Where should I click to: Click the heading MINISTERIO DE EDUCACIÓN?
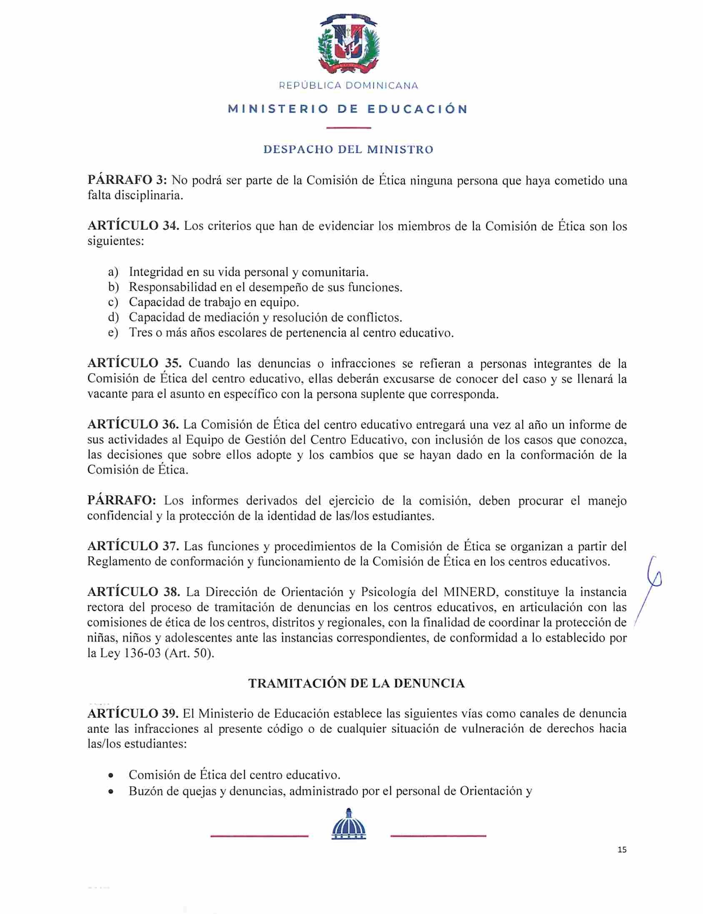(x=348, y=110)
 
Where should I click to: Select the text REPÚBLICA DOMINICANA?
(x=348, y=86)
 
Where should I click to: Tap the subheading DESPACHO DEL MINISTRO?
(x=348, y=149)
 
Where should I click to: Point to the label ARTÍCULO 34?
(x=133, y=226)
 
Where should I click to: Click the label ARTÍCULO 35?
(x=133, y=364)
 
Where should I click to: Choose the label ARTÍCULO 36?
(x=133, y=424)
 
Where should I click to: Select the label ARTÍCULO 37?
(x=133, y=546)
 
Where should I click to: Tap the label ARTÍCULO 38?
(x=133, y=592)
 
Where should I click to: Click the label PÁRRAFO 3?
(x=127, y=181)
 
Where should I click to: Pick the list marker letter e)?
(x=113, y=333)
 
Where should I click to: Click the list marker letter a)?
(x=113, y=272)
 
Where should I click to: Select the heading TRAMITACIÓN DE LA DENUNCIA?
(x=357, y=683)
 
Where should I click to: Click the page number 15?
(x=622, y=849)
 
